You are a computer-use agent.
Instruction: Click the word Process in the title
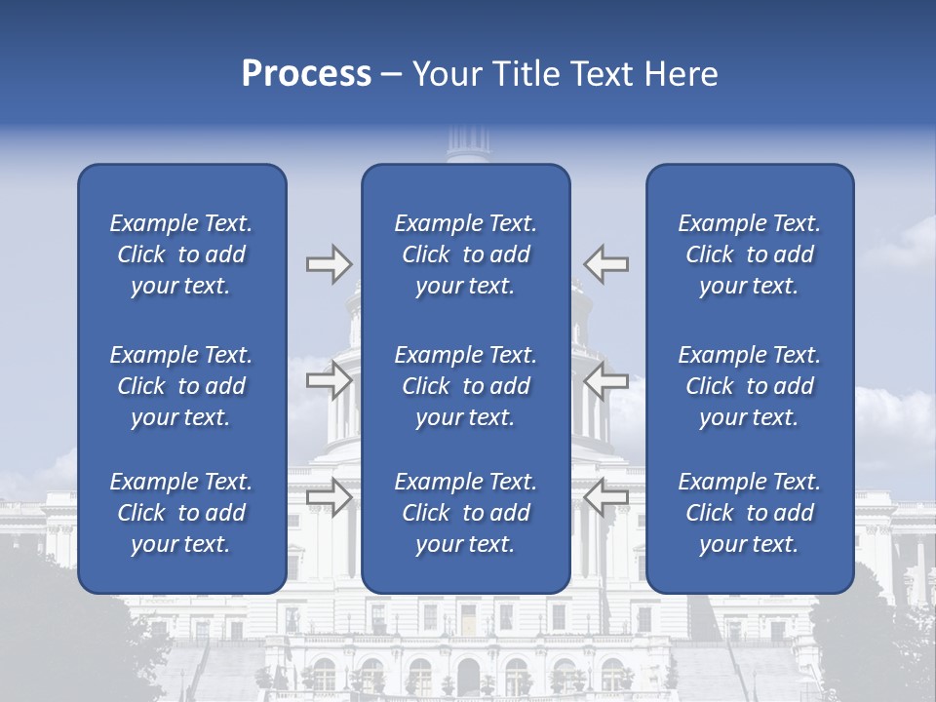(306, 74)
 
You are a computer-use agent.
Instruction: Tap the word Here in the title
(682, 74)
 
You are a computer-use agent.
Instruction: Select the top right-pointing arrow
(330, 263)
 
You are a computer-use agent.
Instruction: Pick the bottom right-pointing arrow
(330, 497)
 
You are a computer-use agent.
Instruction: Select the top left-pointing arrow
(606, 263)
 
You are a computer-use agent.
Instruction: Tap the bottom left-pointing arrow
(606, 497)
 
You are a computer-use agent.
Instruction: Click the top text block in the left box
(181, 254)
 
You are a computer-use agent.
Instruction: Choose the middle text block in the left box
(181, 386)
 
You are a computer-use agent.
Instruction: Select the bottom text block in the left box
(181, 513)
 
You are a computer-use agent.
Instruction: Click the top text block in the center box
(466, 254)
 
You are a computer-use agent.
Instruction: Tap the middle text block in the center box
(466, 386)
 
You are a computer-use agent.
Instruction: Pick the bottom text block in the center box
(466, 513)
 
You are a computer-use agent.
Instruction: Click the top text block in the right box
(750, 254)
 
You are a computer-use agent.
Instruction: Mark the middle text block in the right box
(750, 386)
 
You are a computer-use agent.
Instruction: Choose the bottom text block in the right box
(750, 513)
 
